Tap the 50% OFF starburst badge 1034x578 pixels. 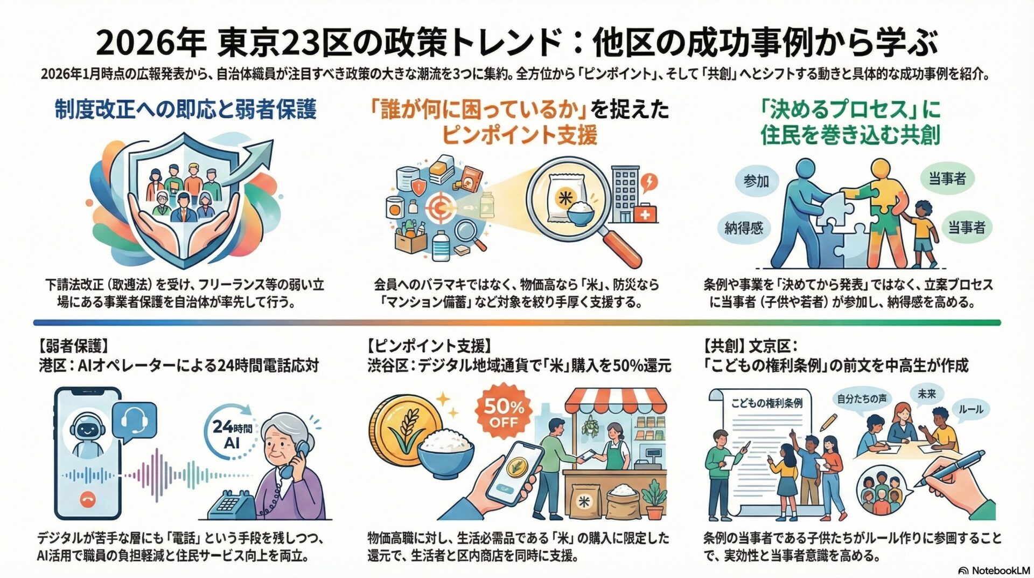[x=504, y=413]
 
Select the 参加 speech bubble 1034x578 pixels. [x=756, y=181]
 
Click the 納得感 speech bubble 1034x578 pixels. [x=744, y=228]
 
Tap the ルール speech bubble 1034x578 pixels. [x=970, y=409]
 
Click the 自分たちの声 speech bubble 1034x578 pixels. [x=862, y=398]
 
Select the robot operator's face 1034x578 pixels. [x=87, y=430]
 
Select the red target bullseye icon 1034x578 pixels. [x=441, y=206]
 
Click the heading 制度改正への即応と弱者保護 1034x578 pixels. [x=185, y=110]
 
